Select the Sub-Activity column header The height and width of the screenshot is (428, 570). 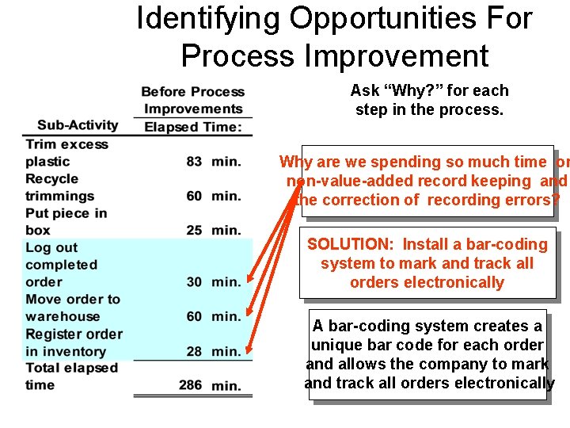[78, 125]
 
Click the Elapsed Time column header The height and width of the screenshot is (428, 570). [193, 127]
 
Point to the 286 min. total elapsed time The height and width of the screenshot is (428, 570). [211, 386]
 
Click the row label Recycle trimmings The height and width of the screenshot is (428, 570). [59, 187]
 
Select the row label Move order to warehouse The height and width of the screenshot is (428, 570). [72, 308]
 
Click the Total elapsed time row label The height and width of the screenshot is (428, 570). [71, 376]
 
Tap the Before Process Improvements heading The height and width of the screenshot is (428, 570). [193, 101]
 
